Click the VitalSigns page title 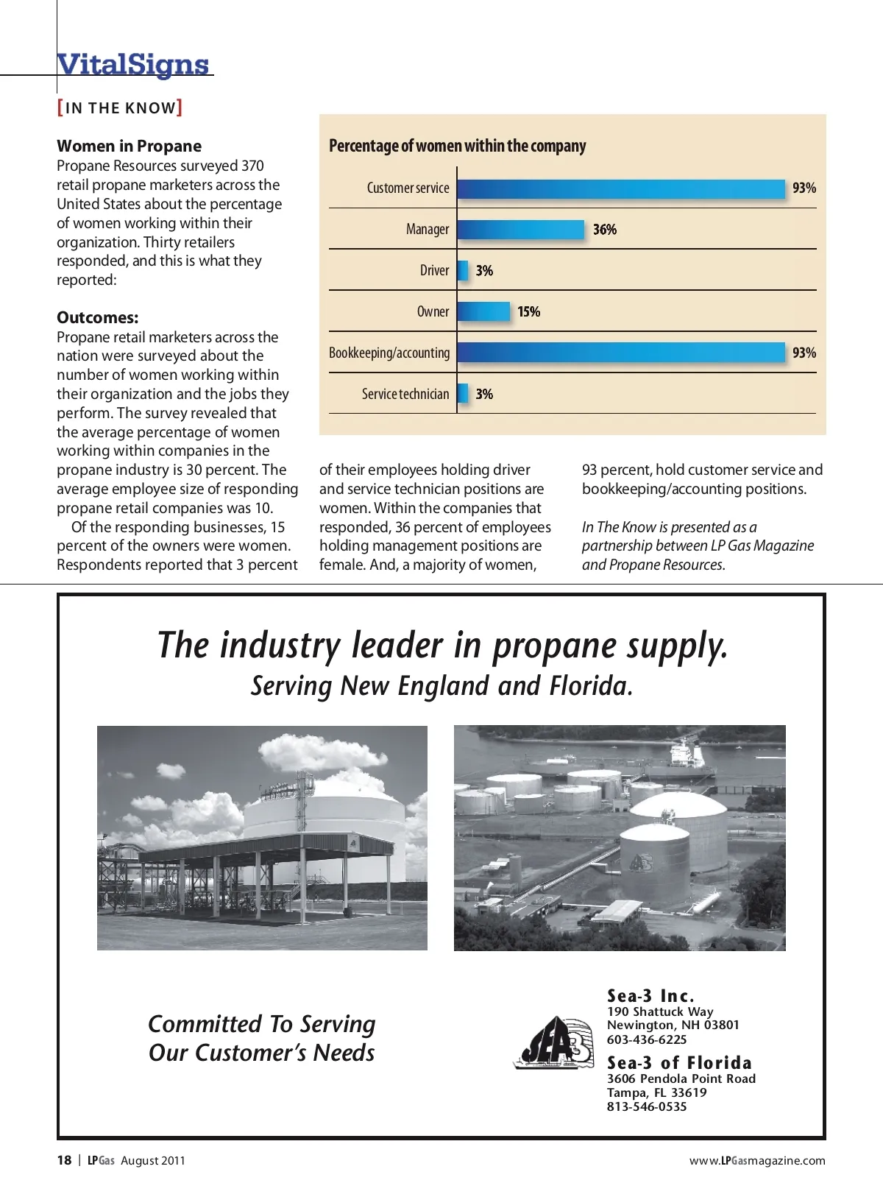133,64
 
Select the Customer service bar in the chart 621,188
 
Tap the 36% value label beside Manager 605,230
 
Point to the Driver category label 434,271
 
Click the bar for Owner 483,312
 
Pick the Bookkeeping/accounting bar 621,353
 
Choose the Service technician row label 405,394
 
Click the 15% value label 528,312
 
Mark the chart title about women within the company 457,146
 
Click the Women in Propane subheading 129,146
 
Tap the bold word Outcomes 97,317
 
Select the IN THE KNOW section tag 120,108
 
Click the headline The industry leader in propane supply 442,645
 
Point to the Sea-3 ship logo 553,1042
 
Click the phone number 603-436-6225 647,1039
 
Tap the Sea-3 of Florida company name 679,1062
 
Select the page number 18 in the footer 64,1160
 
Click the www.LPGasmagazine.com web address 757,1160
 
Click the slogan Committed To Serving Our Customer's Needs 262,1038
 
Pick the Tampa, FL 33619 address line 656,1092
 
